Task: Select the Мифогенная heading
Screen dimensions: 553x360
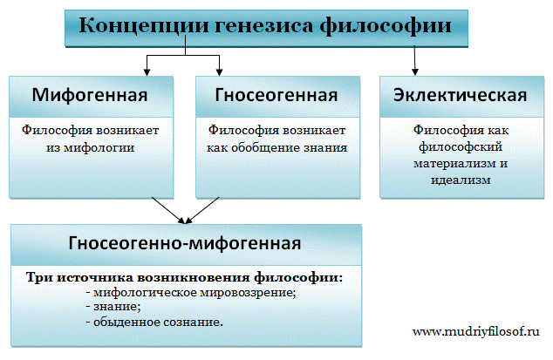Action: click(90, 94)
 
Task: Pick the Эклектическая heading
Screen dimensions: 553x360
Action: click(460, 94)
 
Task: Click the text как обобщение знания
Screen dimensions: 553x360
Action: click(277, 147)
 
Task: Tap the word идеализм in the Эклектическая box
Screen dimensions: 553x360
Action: click(460, 180)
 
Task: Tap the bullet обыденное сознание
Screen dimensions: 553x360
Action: click(155, 323)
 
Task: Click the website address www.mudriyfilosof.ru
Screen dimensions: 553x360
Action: click(476, 332)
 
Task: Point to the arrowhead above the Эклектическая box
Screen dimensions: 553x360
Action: click(415, 71)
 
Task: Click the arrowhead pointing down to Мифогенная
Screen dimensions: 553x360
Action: click(146, 71)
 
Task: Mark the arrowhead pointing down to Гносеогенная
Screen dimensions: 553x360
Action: click(220, 71)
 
